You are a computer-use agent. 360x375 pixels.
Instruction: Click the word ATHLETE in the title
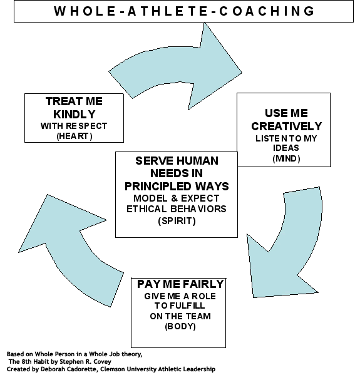pyautogui.click(x=168, y=11)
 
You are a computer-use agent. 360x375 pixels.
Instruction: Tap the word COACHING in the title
pyautogui.click(x=267, y=11)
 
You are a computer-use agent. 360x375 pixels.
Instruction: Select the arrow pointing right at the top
pyautogui.click(x=176, y=66)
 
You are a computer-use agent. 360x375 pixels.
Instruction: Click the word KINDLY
pyautogui.click(x=74, y=115)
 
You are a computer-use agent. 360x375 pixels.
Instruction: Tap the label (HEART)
pyautogui.click(x=75, y=136)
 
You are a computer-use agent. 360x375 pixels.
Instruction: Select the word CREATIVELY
pyautogui.click(x=286, y=126)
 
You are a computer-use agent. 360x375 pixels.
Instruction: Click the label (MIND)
pyautogui.click(x=286, y=158)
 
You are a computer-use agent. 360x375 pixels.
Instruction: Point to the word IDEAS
pyautogui.click(x=286, y=148)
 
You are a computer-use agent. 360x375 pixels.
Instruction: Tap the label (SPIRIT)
pyautogui.click(x=177, y=221)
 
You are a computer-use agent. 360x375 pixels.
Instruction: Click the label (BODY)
pyautogui.click(x=180, y=326)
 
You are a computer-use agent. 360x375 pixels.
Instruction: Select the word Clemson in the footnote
pyautogui.click(x=111, y=369)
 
